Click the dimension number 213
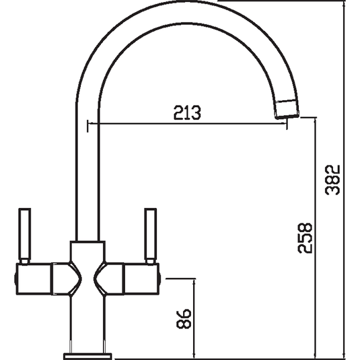click(x=186, y=114)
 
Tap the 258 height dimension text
click(x=304, y=238)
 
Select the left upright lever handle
click(x=25, y=236)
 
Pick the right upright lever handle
click(x=149, y=236)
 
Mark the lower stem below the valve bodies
click(x=87, y=323)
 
